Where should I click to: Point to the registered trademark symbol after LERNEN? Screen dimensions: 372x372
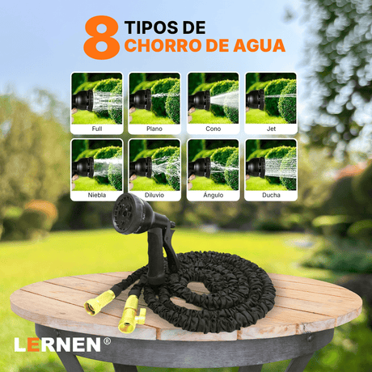pos(107,340)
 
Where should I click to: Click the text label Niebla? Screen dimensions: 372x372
pos(96,195)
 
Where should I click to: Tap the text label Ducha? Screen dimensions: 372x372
pos(271,195)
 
